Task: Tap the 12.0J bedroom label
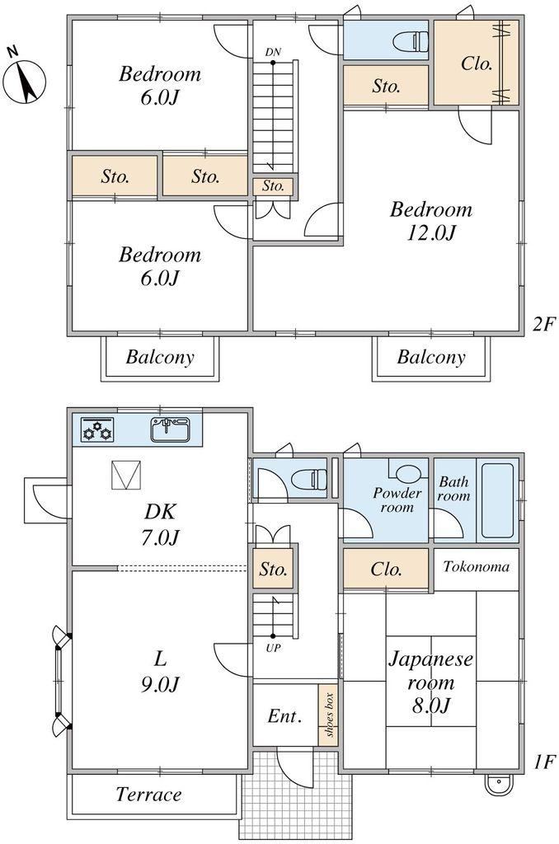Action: [x=431, y=221]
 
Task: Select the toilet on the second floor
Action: [x=411, y=40]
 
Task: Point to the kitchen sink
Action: [x=170, y=429]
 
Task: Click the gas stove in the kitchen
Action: [x=97, y=429]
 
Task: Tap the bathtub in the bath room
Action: [x=497, y=500]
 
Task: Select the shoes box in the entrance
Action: [x=328, y=715]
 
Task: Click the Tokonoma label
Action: [x=476, y=566]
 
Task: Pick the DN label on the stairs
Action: [x=273, y=52]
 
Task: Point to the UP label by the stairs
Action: [x=273, y=648]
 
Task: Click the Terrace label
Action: [x=149, y=794]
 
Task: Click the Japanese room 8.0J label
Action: [x=431, y=682]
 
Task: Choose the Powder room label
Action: [x=397, y=500]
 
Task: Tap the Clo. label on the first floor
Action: [x=386, y=569]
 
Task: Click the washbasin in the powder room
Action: [x=407, y=473]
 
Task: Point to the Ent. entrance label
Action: [x=284, y=716]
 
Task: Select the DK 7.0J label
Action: [x=160, y=523]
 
